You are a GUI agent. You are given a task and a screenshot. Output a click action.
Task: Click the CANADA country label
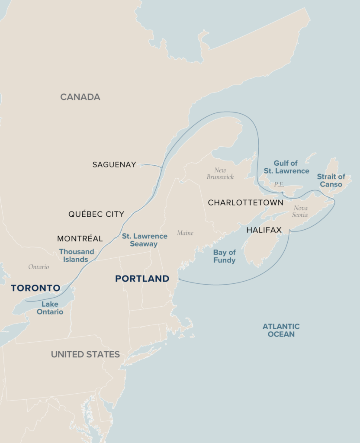(80, 97)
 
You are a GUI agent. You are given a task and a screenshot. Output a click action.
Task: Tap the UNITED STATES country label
(85, 354)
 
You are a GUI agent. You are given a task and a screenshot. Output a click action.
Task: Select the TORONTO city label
(35, 288)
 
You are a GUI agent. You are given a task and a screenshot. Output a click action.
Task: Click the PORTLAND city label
(142, 279)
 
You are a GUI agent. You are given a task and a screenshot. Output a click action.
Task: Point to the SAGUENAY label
(114, 165)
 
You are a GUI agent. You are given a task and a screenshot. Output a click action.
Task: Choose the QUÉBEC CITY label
(96, 214)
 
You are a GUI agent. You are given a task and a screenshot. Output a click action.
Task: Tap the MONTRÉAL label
(80, 239)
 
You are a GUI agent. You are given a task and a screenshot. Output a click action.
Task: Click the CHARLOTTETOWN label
(246, 202)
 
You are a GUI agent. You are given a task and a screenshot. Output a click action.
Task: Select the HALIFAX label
(264, 230)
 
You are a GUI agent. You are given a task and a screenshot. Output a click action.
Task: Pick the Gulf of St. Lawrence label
(286, 167)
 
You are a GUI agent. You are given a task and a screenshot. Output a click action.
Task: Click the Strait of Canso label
(331, 180)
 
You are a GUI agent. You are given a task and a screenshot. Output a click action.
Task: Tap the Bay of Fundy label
(224, 256)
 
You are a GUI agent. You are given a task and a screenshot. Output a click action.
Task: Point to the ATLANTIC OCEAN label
(281, 330)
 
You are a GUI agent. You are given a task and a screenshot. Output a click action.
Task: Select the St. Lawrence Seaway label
(145, 240)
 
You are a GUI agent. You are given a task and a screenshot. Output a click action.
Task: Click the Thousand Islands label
(77, 255)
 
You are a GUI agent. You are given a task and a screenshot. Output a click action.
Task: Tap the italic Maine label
(185, 233)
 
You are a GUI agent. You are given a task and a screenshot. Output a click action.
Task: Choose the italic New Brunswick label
(220, 173)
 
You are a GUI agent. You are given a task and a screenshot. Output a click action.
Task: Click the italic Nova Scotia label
(300, 211)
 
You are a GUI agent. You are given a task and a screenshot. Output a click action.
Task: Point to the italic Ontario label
(39, 267)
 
